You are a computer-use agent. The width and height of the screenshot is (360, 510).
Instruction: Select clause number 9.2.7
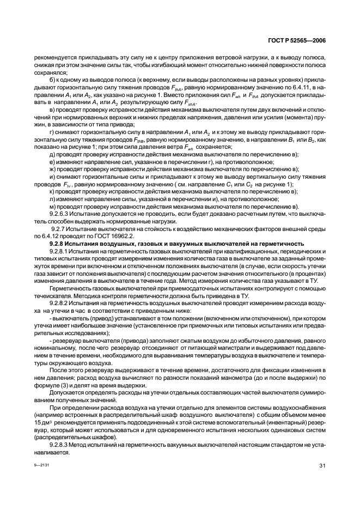point(59,229)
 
